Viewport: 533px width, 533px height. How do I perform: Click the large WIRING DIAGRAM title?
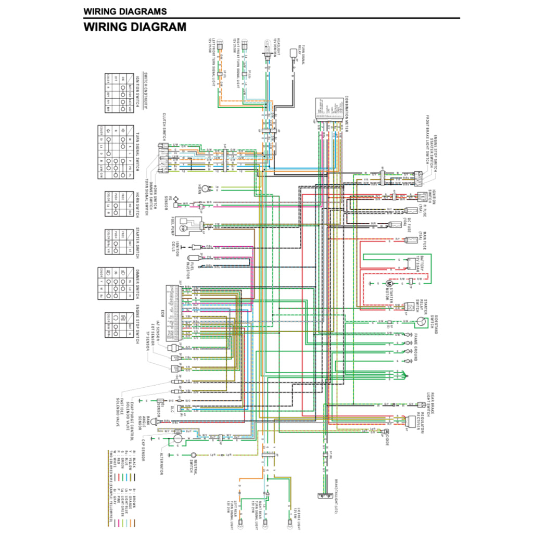(x=135, y=27)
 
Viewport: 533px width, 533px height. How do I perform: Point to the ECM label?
(x=162, y=313)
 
